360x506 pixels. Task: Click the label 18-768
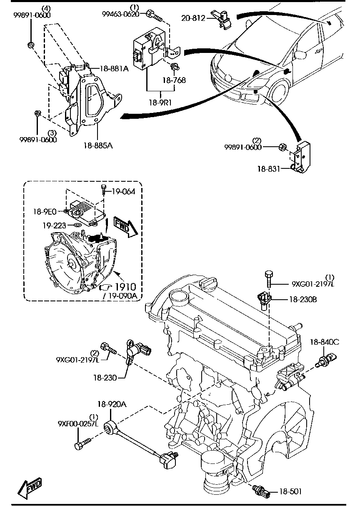pos(175,80)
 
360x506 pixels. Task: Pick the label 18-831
pos(267,168)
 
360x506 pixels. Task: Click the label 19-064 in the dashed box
pos(124,192)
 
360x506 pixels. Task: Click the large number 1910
pos(125,287)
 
